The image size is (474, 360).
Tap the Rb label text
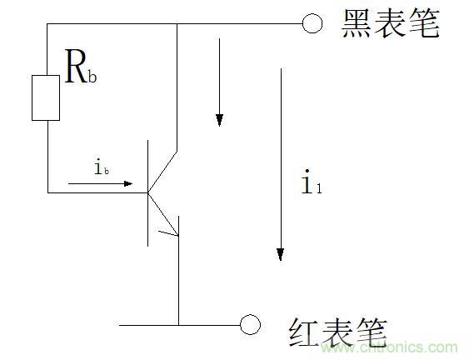tap(81, 67)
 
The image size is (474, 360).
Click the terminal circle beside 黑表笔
tap(312, 23)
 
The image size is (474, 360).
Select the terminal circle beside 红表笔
tap(250, 325)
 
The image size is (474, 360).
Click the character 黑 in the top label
tap(357, 23)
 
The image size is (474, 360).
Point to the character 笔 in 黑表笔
tap(424, 23)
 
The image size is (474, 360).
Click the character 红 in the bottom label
tap(304, 332)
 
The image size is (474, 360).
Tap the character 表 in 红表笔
tap(338, 332)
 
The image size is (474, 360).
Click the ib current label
tap(102, 167)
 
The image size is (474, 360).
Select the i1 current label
tap(312, 182)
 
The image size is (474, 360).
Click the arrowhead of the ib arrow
tap(128, 183)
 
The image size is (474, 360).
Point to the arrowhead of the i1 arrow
tap(281, 254)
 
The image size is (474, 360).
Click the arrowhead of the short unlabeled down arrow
tap(219, 120)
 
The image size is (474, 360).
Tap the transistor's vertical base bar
tap(147, 193)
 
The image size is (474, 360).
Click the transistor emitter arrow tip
tap(177, 235)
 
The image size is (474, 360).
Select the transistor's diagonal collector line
tap(162, 172)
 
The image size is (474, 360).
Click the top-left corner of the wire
tap(47, 23)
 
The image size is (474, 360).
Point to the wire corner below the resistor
tap(47, 192)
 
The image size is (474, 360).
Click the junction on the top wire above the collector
tap(177, 23)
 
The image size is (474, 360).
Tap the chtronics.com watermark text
tap(390, 347)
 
